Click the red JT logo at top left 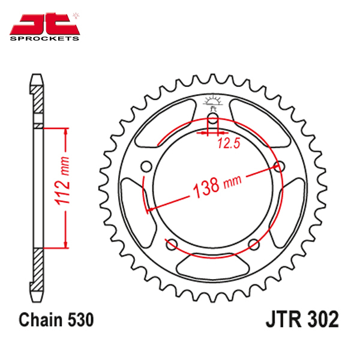coord(44,24)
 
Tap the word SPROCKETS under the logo coord(44,38)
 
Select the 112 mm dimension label coord(62,181)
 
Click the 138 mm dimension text coord(217,187)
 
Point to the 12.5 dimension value coord(229,143)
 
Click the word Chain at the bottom coord(41,320)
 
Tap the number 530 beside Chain coord(81,320)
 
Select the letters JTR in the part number coord(284,319)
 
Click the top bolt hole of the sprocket coord(213,116)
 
